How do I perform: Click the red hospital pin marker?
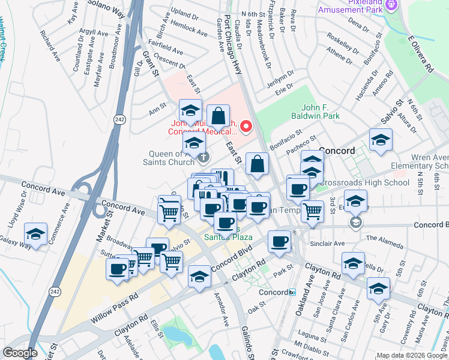246,126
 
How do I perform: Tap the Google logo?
20,353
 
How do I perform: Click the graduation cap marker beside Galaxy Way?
35,233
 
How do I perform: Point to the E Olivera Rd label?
420,54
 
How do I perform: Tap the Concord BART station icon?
292,293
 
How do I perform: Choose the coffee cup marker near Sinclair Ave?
279,242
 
